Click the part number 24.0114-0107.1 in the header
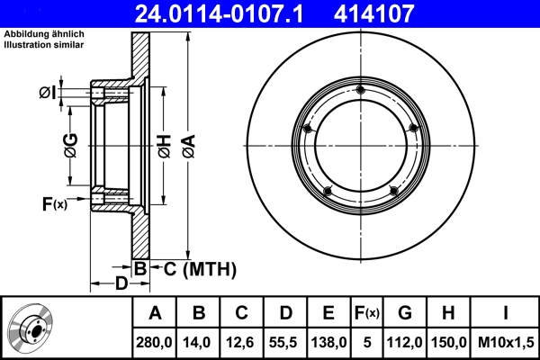tap(219, 14)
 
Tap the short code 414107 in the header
tap(373, 14)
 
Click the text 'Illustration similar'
tap(44, 45)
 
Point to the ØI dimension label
tap(47, 93)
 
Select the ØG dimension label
tap(71, 146)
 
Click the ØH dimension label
tap(165, 146)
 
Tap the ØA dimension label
tap(189, 146)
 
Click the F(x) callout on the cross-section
tap(55, 204)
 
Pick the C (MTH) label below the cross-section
tap(200, 269)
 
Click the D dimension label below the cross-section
tap(121, 283)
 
